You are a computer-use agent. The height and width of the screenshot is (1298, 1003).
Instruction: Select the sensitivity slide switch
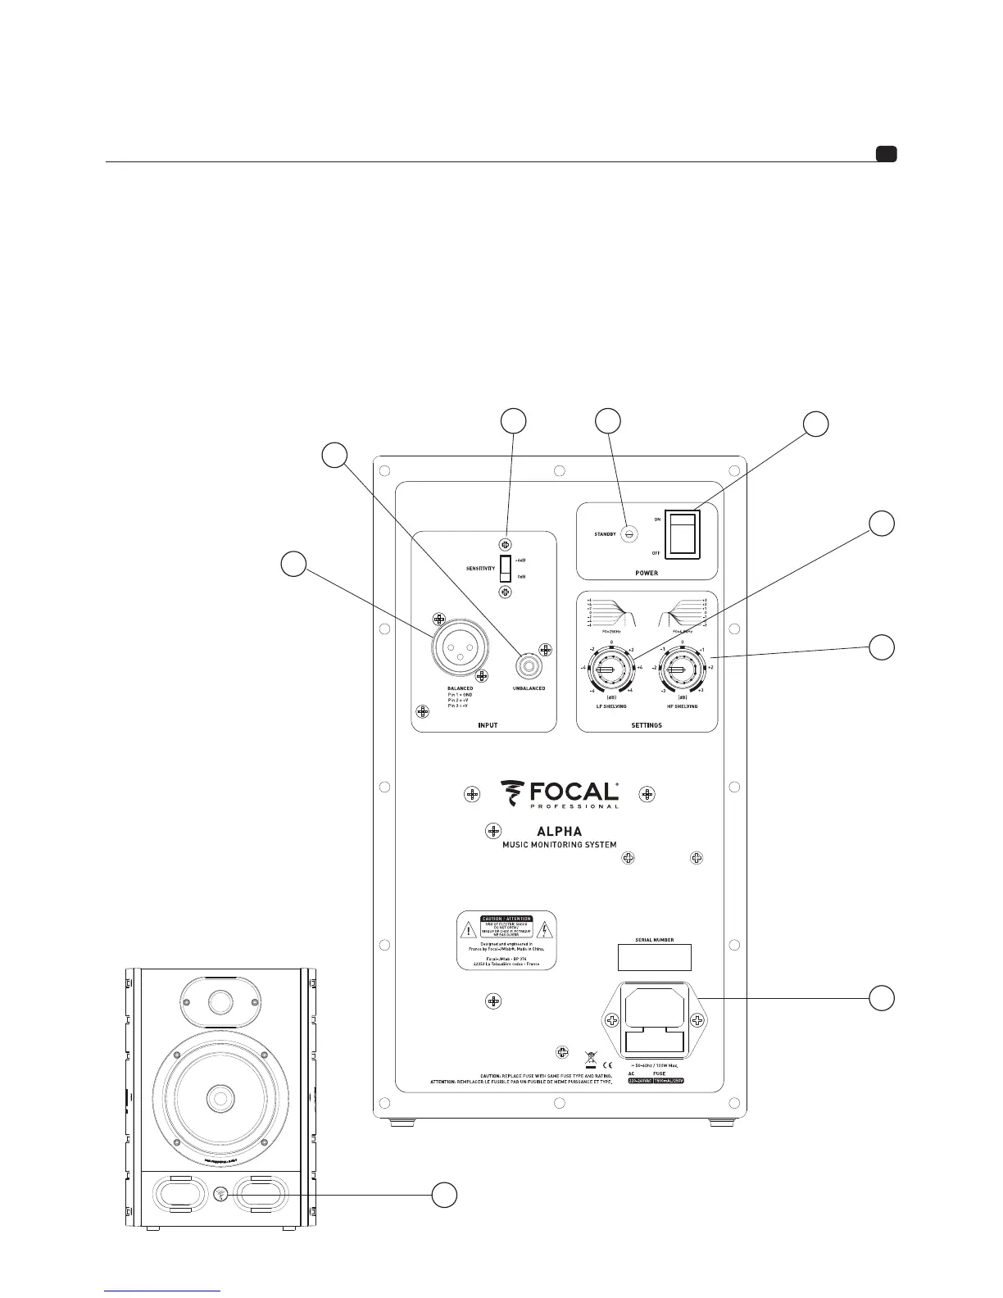pyautogui.click(x=506, y=567)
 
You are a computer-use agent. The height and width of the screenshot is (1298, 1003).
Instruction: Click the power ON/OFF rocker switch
pyautogui.click(x=682, y=534)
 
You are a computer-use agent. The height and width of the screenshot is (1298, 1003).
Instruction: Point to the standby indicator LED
pyautogui.click(x=629, y=533)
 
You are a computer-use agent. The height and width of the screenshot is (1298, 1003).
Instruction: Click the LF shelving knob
pyautogui.click(x=607, y=671)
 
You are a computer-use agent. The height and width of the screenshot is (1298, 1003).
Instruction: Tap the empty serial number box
pyautogui.click(x=653, y=957)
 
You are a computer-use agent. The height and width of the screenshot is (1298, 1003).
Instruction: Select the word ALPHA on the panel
pyautogui.click(x=559, y=831)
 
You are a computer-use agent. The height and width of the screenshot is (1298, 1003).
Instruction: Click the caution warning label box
pyautogui.click(x=506, y=940)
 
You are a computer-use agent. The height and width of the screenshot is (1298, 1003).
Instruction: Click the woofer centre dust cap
pyautogui.click(x=220, y=1096)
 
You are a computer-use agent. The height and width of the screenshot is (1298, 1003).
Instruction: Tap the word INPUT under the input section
pyautogui.click(x=487, y=725)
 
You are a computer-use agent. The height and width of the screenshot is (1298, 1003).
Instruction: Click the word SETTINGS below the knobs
pyautogui.click(x=647, y=725)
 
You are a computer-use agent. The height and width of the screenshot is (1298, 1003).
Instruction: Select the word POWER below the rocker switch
pyautogui.click(x=647, y=573)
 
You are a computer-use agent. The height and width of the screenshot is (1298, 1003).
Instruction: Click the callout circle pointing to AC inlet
pyautogui.click(x=882, y=998)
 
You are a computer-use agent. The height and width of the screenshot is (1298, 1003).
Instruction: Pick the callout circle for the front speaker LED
pyautogui.click(x=444, y=1195)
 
